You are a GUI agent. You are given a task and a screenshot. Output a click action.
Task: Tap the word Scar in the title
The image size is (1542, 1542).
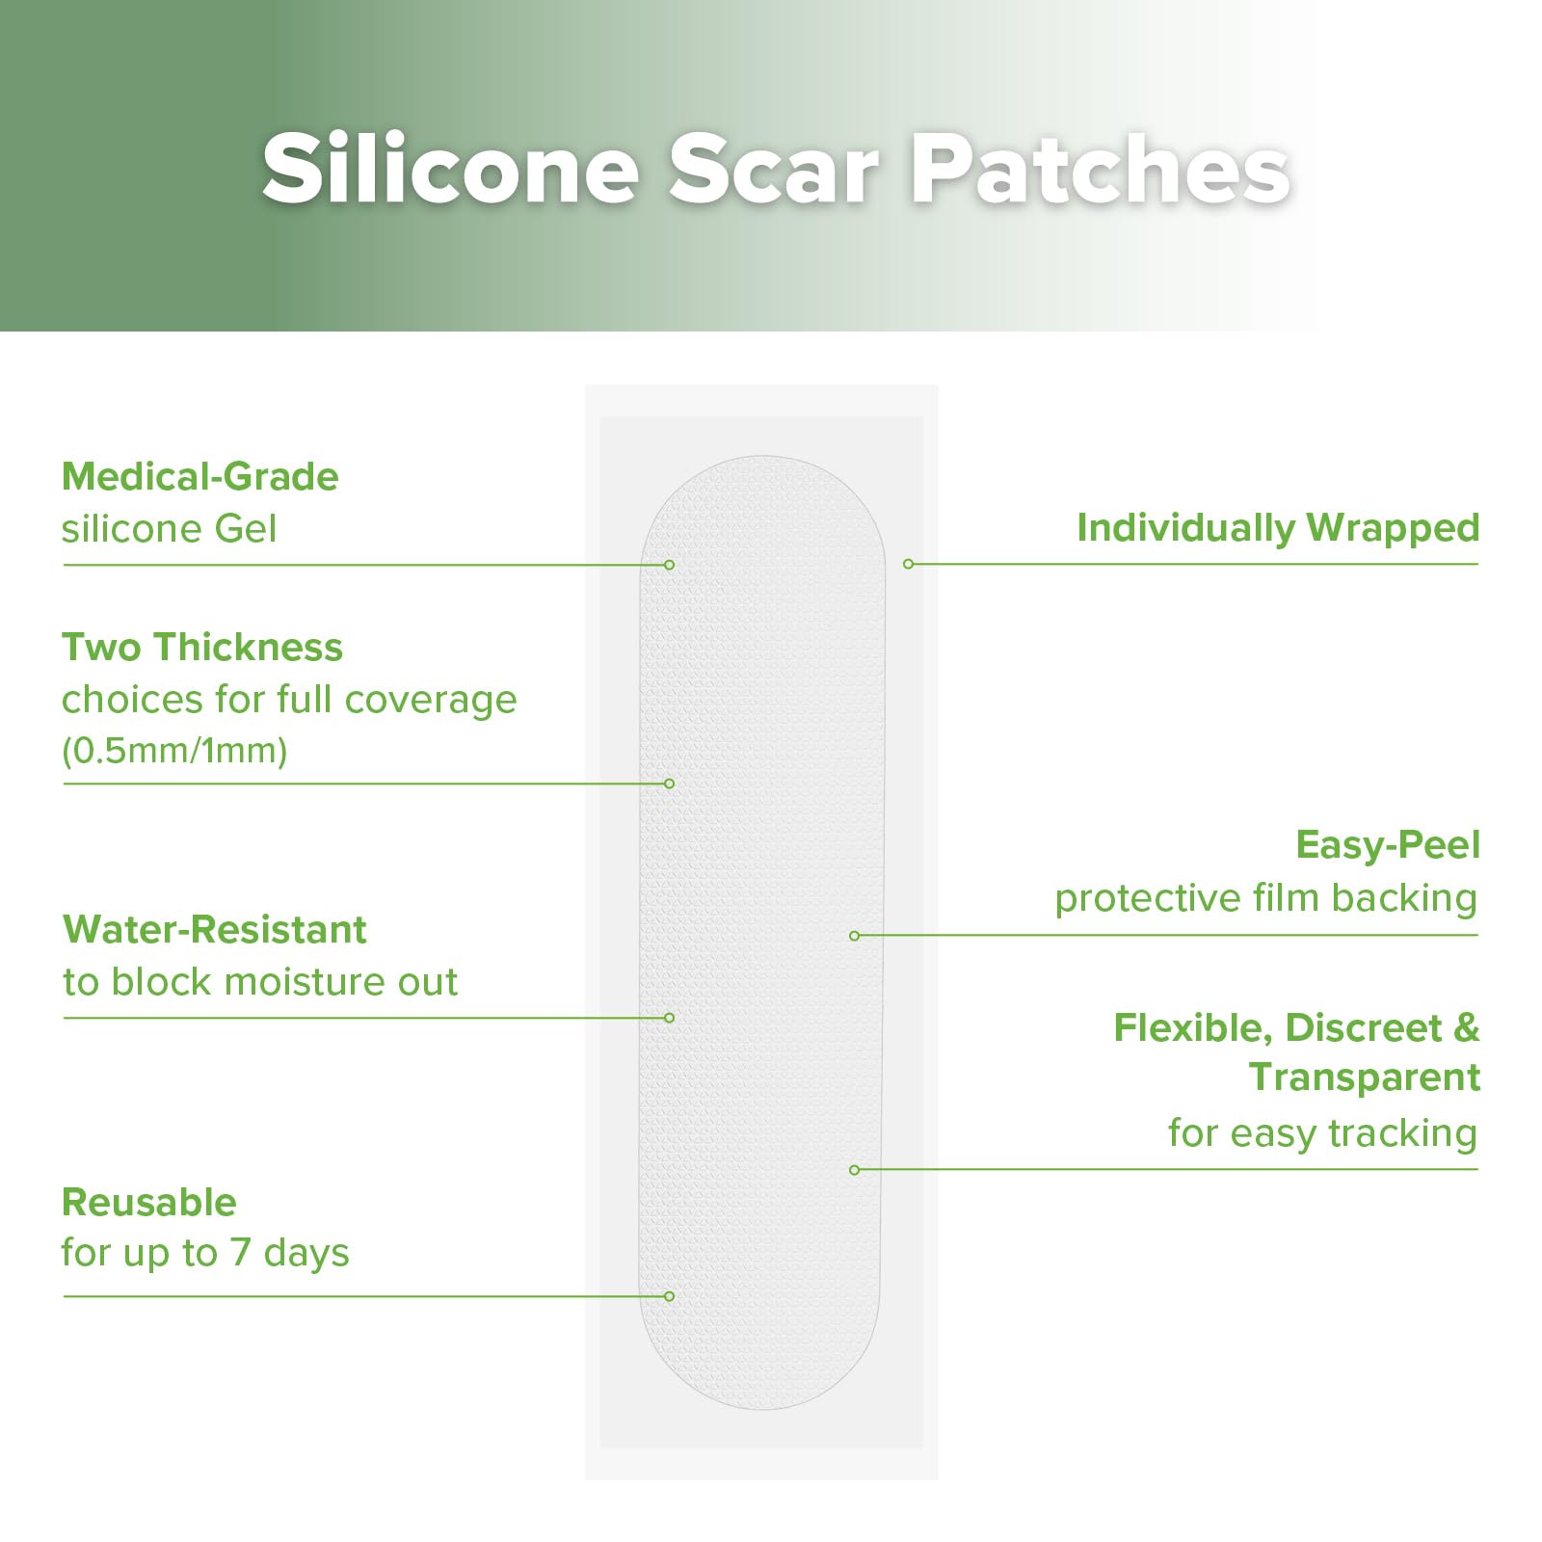point(774,170)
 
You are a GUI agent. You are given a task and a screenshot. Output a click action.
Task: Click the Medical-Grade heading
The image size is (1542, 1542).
point(200,477)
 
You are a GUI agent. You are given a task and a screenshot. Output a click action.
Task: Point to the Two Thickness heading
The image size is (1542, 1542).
point(202,648)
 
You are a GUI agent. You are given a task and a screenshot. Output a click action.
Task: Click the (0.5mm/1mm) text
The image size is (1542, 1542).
point(174,751)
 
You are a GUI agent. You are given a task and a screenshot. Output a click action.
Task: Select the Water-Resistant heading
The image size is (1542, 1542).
point(215,930)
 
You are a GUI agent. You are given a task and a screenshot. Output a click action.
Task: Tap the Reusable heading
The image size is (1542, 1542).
point(149,1203)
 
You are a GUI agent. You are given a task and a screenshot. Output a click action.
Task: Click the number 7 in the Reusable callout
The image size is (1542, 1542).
point(240,1253)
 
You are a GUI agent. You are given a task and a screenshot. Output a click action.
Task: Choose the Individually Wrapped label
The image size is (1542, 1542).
point(1278,528)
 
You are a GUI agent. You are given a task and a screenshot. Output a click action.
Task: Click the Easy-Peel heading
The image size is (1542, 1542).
point(1388,845)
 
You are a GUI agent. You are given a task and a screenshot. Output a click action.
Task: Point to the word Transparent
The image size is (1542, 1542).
point(1365,1077)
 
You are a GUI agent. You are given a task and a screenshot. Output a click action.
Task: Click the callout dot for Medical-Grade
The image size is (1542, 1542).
point(669,565)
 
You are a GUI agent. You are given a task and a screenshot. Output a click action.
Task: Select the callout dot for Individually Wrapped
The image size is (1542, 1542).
point(908,564)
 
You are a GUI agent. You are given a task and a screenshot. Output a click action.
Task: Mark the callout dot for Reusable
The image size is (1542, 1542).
point(669,1296)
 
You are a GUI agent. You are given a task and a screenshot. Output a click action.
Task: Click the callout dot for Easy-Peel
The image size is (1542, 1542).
point(854,936)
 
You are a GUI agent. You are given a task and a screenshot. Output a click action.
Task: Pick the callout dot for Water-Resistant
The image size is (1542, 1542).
point(669,1018)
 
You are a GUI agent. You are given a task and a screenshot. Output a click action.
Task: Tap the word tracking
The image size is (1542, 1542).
point(1402,1134)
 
